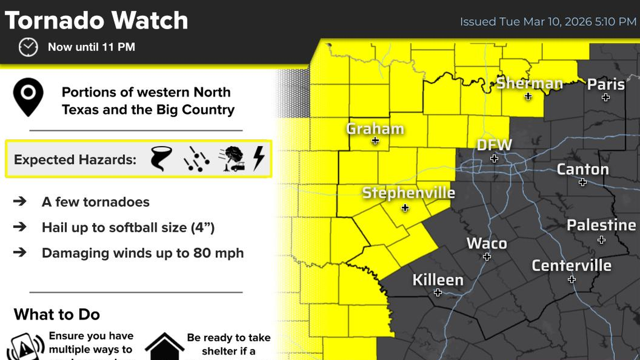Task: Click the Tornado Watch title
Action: click(96, 21)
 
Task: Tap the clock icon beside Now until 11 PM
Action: click(28, 47)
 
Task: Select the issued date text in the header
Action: click(548, 22)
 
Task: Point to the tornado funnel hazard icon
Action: click(161, 159)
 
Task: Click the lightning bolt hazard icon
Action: click(258, 159)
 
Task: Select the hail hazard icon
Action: click(196, 159)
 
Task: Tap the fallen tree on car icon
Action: click(231, 159)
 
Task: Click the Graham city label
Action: click(375, 129)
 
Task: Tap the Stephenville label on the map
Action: click(408, 193)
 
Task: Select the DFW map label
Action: click(494, 145)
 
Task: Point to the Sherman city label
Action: click(529, 84)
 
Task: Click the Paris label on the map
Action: click(606, 84)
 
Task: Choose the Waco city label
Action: click(487, 243)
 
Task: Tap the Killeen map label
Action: click(438, 280)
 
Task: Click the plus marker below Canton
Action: click(583, 183)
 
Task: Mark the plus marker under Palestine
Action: click(601, 240)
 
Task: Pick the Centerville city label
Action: click(572, 265)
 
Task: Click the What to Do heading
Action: click(57, 314)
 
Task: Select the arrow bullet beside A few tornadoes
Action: click(20, 201)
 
